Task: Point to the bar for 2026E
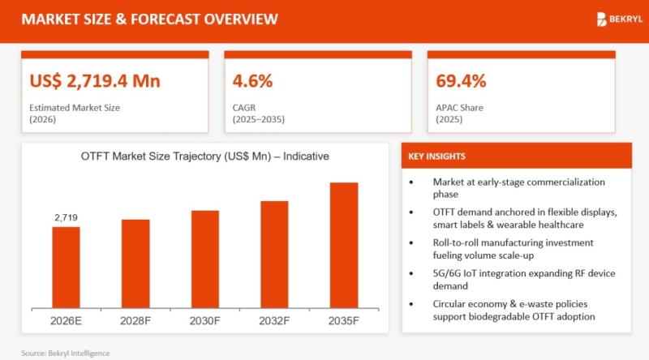67,268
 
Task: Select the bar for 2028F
135,264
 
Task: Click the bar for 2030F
205,259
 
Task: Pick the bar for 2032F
274,255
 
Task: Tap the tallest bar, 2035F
343,246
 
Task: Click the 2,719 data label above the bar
67,217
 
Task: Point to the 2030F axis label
205,319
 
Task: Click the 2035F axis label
343,319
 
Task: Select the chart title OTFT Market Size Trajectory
204,156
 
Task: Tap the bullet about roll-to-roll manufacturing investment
512,248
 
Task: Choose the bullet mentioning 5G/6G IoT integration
512,279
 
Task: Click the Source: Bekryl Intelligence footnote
65,353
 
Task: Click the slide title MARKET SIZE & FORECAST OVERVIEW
148,19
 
